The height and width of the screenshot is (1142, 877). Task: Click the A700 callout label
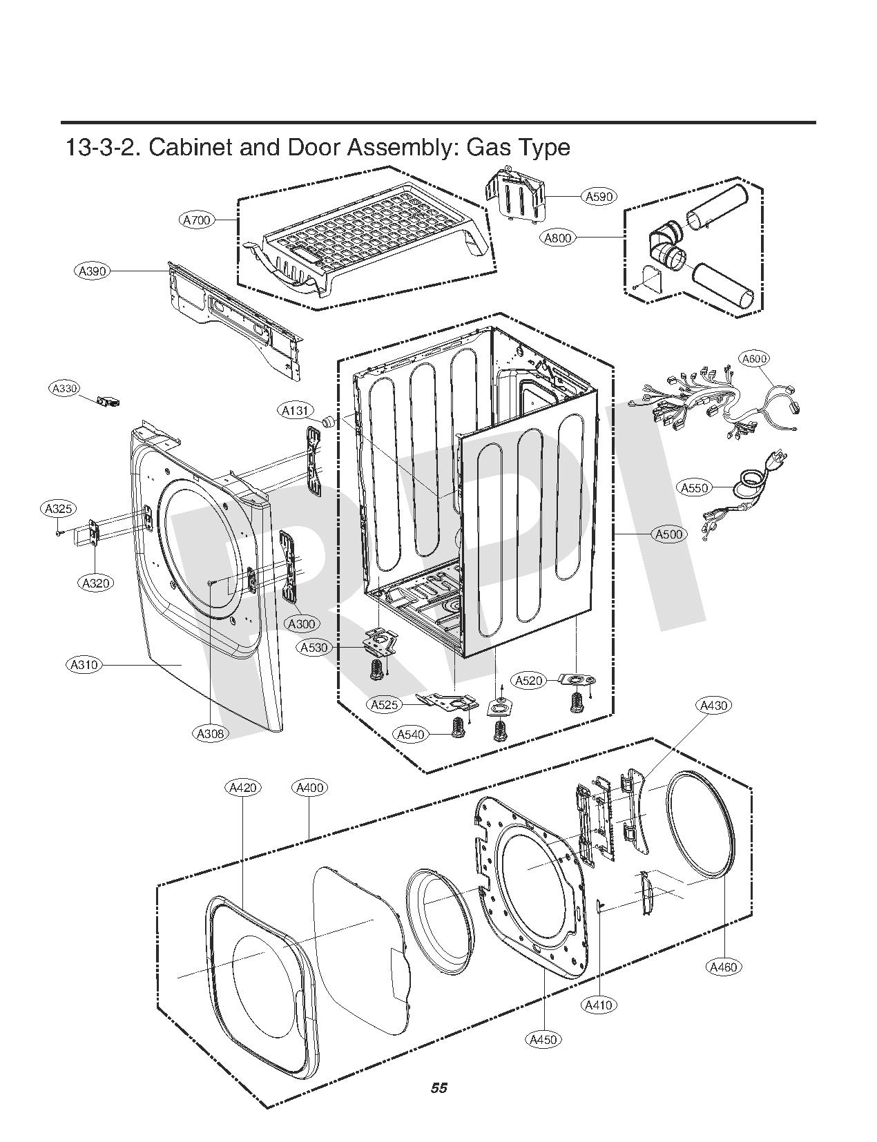[197, 220]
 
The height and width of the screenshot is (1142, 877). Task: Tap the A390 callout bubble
[93, 271]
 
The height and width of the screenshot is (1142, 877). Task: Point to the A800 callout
[557, 238]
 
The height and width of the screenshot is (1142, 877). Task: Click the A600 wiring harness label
[754, 358]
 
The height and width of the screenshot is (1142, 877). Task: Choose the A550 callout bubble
[694, 488]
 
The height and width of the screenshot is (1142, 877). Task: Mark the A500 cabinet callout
[668, 534]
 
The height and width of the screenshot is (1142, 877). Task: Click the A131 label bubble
[296, 412]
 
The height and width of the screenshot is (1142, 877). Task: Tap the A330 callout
[65, 389]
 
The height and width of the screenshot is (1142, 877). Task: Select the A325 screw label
[58, 510]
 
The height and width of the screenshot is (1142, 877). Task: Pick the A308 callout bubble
[210, 734]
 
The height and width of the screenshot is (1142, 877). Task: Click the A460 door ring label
[723, 967]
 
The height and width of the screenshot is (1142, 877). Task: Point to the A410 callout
[598, 1005]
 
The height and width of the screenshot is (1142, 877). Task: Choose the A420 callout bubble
[243, 788]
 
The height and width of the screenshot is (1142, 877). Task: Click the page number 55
[438, 1089]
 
